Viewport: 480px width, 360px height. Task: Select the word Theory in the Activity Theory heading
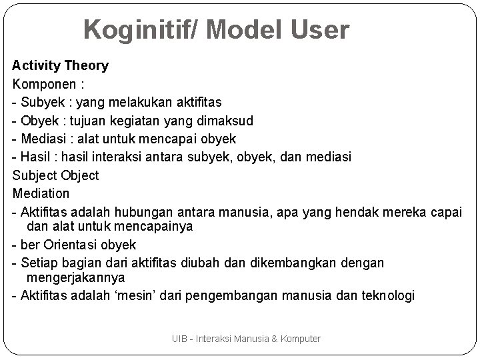(86, 65)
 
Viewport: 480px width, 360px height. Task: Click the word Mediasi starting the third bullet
(43, 139)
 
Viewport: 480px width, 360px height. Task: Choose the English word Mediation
(41, 193)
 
